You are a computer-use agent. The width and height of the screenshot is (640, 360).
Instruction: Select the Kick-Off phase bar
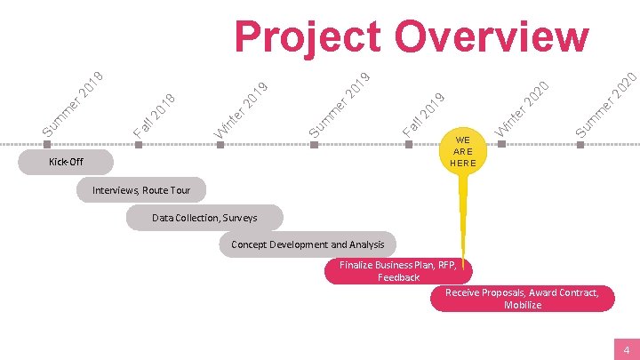[67, 162]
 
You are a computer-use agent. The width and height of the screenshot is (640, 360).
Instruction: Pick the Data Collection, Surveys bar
[204, 217]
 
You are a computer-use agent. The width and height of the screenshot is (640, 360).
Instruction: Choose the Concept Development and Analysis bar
[308, 244]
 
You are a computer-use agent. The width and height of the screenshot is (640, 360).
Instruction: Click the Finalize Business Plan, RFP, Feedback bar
[397, 271]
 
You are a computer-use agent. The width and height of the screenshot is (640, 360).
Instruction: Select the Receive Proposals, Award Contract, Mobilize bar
[522, 299]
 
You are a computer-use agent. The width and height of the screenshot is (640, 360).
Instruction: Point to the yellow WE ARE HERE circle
[463, 151]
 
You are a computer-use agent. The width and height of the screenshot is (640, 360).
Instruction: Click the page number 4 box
[626, 349]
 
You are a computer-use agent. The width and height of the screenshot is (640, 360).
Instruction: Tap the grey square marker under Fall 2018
[138, 143]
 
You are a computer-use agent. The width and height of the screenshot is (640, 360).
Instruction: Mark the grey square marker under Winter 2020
[499, 143]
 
